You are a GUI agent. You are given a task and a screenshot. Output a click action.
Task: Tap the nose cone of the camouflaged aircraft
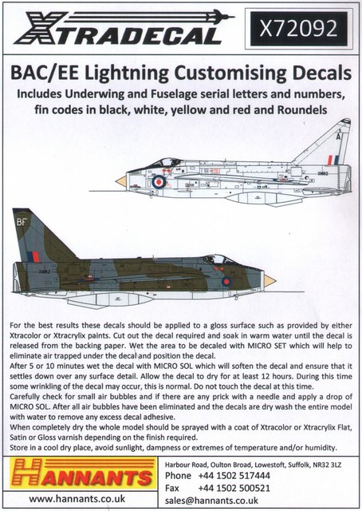pyautogui.click(x=269, y=280)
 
